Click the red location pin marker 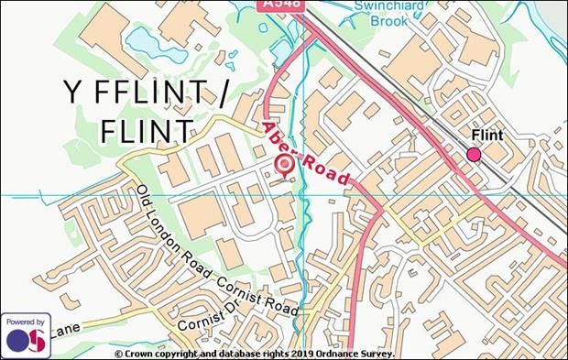284,165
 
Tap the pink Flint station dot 474,155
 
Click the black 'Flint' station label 486,136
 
